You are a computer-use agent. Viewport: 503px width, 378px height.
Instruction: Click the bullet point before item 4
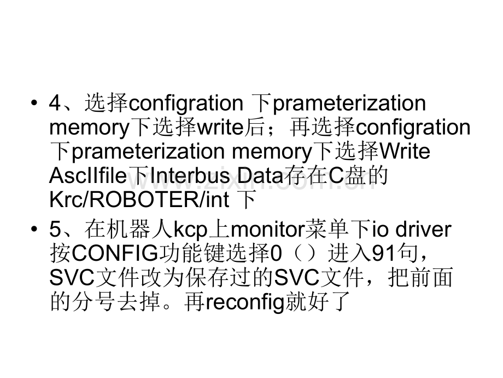pyautogui.click(x=34, y=103)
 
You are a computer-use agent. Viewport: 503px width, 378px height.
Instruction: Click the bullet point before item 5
pyautogui.click(x=34, y=230)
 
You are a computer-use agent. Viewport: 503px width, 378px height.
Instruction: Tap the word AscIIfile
pyautogui.click(x=88, y=175)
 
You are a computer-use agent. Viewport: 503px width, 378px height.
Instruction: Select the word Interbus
pyautogui.click(x=190, y=175)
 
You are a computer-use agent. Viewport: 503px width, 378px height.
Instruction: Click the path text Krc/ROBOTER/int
pyautogui.click(x=139, y=199)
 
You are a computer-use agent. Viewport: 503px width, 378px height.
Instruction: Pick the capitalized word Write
pyautogui.click(x=405, y=151)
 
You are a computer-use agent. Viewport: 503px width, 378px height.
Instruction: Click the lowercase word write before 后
pyautogui.click(x=220, y=127)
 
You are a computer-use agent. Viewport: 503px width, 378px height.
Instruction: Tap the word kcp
pyautogui.click(x=191, y=230)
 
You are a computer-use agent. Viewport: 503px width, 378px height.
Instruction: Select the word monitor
pyautogui.click(x=267, y=230)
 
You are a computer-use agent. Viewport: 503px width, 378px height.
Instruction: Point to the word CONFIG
pyautogui.click(x=115, y=254)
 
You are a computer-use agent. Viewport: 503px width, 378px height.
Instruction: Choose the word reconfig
pyautogui.click(x=245, y=302)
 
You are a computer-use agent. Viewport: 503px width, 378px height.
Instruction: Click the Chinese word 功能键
pyautogui.click(x=192, y=254)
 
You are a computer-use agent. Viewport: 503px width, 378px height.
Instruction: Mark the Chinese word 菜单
pyautogui.click(x=326, y=230)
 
